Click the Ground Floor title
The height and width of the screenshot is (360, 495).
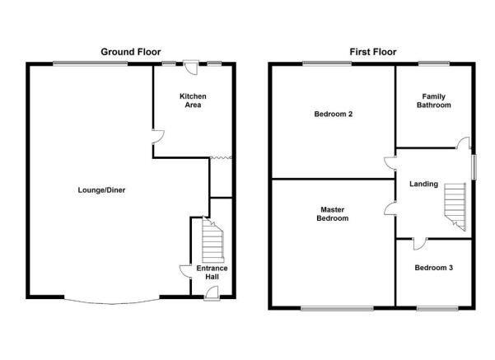tap(131, 52)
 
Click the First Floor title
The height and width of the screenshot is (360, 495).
tap(373, 52)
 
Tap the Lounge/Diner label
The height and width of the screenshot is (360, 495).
tap(101, 190)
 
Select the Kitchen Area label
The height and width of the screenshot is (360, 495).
tap(193, 101)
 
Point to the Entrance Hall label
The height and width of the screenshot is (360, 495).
tap(212, 272)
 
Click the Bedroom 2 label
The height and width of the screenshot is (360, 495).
tap(334, 114)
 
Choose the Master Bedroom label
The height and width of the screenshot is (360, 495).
tap(333, 214)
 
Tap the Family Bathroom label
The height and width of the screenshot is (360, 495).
tap(434, 101)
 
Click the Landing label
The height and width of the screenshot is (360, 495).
tap(423, 184)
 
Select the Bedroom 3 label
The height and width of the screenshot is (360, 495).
tap(434, 268)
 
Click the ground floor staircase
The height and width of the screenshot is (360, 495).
tap(212, 240)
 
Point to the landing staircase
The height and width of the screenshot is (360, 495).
tap(455, 207)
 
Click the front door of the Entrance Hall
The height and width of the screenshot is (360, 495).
tap(212, 293)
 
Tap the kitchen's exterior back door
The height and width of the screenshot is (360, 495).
tap(191, 68)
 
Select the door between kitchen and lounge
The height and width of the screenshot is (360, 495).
tap(158, 137)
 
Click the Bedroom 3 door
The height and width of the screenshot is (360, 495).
tap(419, 244)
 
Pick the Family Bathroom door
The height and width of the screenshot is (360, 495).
tap(463, 143)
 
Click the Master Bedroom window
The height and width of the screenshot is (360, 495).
tap(337, 309)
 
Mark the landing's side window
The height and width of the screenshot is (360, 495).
tap(474, 167)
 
